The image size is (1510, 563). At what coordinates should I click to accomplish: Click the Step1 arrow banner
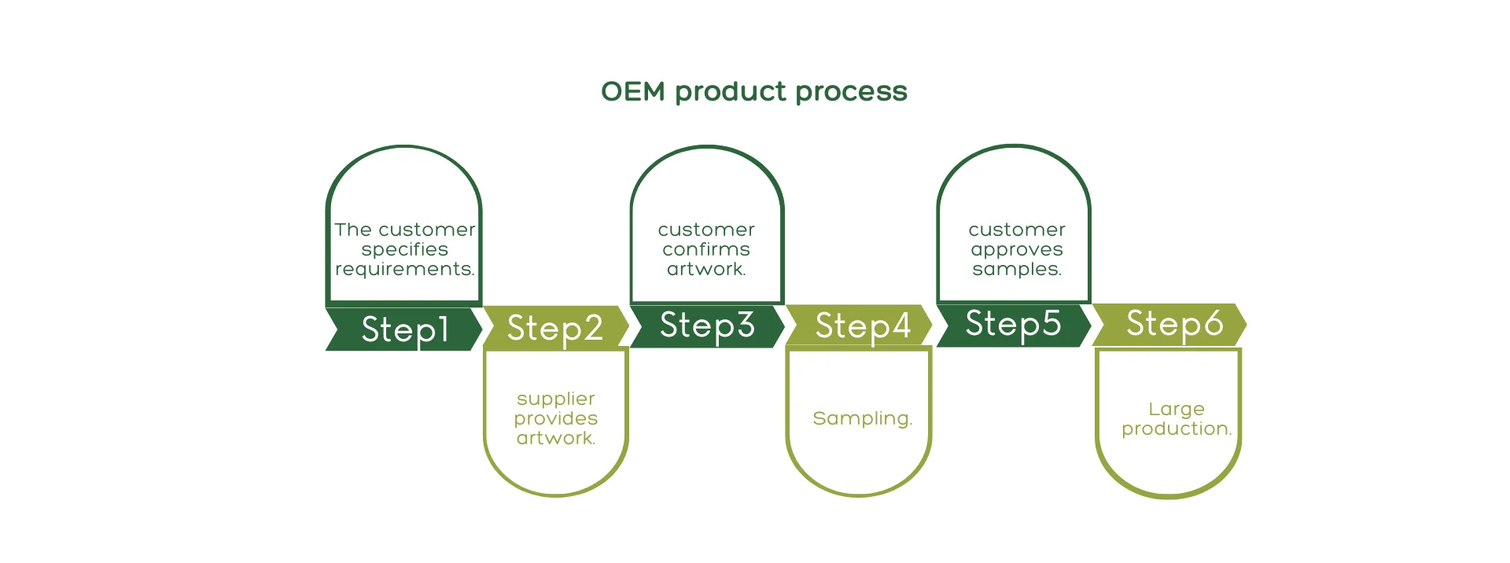tap(404, 329)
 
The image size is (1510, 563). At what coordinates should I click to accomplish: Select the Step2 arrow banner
tap(556, 327)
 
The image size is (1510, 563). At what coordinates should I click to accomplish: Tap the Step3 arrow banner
tap(708, 326)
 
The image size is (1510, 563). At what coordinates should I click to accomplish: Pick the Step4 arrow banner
tap(860, 325)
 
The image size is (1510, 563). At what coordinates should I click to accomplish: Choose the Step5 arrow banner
tap(1014, 324)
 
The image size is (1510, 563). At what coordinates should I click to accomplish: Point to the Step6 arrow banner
tap(1169, 323)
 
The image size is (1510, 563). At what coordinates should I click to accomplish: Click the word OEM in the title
tap(633, 91)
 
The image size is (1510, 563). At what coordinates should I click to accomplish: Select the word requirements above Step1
tap(405, 269)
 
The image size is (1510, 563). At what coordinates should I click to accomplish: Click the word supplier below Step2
tap(556, 399)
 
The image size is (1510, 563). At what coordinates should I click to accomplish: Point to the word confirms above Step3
tap(706, 249)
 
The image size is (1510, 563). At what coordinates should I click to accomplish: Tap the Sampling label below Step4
tap(863, 419)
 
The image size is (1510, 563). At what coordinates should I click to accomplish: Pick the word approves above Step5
tap(1017, 250)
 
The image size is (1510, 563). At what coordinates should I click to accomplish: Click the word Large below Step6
tap(1177, 410)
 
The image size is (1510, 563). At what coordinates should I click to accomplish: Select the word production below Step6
tap(1177, 429)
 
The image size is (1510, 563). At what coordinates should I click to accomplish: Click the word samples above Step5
tap(1017, 270)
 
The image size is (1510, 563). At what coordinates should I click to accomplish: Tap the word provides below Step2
tap(556, 419)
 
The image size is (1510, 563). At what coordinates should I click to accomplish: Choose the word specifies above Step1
tap(405, 250)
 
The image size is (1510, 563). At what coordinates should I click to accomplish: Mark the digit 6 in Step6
tap(1213, 322)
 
